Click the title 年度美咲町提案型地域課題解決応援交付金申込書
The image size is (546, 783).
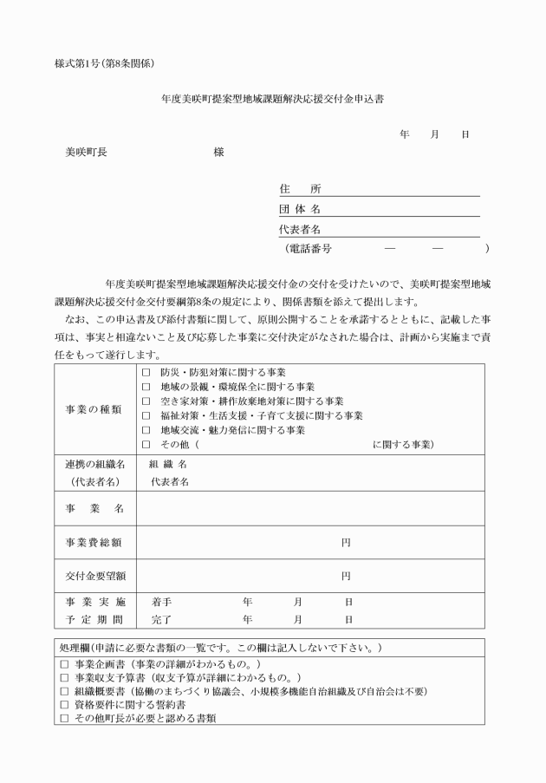tap(272, 99)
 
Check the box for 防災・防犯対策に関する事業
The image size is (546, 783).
tap(146, 372)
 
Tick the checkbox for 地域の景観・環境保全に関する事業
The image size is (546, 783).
tap(146, 387)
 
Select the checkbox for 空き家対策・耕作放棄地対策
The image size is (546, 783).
tap(146, 401)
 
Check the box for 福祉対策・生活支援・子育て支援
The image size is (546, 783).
tap(146, 416)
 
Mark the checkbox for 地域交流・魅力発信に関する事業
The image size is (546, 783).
tap(146, 431)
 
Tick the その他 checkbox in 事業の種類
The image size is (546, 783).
tap(146, 446)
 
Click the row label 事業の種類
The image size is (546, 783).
tap(94, 408)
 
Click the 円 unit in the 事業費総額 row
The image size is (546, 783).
tap(346, 543)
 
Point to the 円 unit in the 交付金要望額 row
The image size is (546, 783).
tap(346, 576)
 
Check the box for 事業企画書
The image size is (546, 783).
tap(64, 663)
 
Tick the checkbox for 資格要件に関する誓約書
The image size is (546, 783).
tap(64, 705)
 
